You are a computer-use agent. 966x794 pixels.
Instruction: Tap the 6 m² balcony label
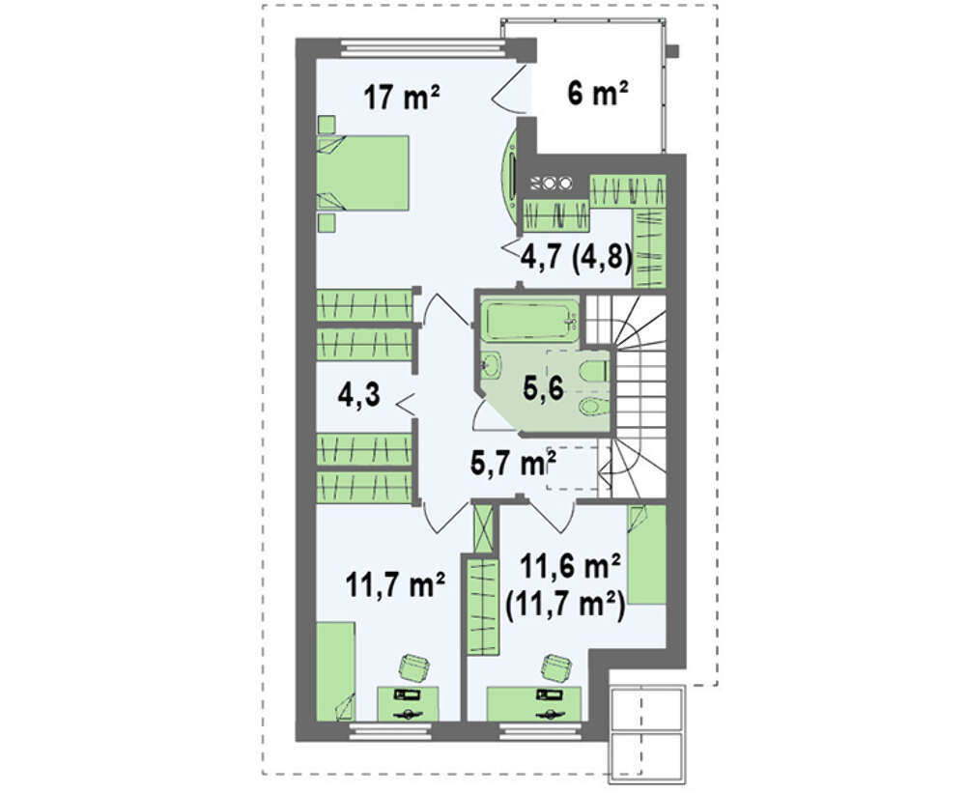pyautogui.click(x=598, y=95)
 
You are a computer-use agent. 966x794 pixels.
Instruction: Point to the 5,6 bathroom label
pyautogui.click(x=543, y=388)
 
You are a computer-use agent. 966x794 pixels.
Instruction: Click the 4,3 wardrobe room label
pyautogui.click(x=359, y=394)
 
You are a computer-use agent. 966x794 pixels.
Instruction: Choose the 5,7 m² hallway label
pyautogui.click(x=513, y=463)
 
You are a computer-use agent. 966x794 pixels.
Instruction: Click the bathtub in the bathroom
pyautogui.click(x=529, y=321)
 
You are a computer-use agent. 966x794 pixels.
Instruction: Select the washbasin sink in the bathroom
pyautogui.click(x=491, y=366)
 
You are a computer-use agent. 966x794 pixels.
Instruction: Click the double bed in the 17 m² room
pyautogui.click(x=363, y=173)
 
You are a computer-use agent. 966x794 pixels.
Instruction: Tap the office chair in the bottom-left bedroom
pyautogui.click(x=413, y=668)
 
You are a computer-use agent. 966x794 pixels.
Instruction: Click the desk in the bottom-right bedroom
pyautogui.click(x=533, y=704)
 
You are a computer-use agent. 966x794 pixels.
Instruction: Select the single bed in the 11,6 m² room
pyautogui.click(x=647, y=555)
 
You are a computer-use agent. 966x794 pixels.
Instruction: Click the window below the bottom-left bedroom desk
pyautogui.click(x=390, y=731)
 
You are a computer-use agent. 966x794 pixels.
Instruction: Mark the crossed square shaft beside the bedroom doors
pyautogui.click(x=483, y=528)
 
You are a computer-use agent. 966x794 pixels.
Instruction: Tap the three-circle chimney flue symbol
pyautogui.click(x=552, y=183)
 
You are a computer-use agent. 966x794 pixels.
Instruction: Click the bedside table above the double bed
pyautogui.click(x=327, y=124)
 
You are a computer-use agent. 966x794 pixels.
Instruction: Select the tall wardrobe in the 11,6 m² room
pyautogui.click(x=483, y=605)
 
